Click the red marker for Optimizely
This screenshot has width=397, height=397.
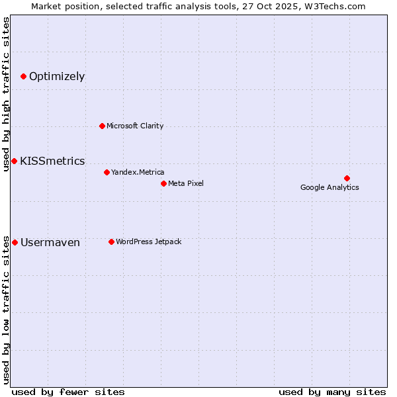[x=23, y=77]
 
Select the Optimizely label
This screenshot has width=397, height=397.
[x=57, y=77]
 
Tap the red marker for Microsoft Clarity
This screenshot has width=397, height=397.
[x=102, y=126]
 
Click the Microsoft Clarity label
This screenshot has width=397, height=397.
[x=135, y=126]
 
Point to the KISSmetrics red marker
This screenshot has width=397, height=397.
[x=14, y=161]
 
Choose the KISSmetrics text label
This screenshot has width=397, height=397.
[x=52, y=161]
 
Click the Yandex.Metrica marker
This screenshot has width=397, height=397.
[x=107, y=172]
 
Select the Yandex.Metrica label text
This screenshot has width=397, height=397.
[x=138, y=172]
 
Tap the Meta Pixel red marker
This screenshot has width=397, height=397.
[x=163, y=183]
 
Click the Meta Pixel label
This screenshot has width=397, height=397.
[x=186, y=183]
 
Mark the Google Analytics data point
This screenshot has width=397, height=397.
[x=347, y=178]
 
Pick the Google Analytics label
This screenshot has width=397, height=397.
[x=330, y=187]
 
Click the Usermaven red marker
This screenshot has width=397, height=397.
[x=15, y=242]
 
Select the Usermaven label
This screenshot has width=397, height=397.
[x=50, y=243]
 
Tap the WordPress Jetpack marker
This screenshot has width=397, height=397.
[x=111, y=242]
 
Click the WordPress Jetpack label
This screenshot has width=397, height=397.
[x=148, y=242]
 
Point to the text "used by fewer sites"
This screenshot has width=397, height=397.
[x=68, y=392]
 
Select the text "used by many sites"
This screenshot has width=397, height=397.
[x=332, y=392]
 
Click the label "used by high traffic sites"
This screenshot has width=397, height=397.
[x=6, y=94]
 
